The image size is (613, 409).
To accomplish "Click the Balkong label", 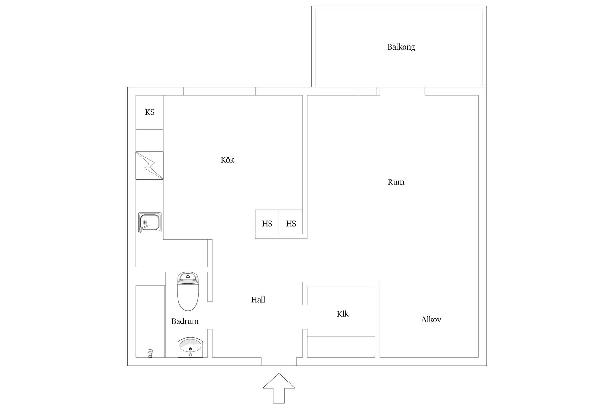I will click(x=401, y=47).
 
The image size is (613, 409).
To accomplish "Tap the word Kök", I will click(x=227, y=160).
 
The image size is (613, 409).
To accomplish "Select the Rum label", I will click(x=396, y=182).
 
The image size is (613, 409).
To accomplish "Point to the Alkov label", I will click(x=431, y=320).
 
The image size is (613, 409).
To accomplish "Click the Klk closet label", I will click(x=343, y=314).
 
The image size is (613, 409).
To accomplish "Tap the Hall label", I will click(x=258, y=300).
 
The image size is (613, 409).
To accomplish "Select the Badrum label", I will click(x=185, y=321).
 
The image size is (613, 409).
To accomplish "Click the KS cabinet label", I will click(x=149, y=112).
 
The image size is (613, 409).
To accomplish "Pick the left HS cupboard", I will click(x=267, y=223).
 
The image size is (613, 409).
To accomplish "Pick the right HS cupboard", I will click(x=291, y=223).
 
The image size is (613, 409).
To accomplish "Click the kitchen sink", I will click(x=150, y=222).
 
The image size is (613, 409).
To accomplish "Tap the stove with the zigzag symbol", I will click(x=149, y=166).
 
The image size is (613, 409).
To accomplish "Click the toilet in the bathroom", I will click(x=188, y=291).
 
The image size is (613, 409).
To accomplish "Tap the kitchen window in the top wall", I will click(x=219, y=91).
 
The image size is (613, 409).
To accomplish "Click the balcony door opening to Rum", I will click(x=402, y=91).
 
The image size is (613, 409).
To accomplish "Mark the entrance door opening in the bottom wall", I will click(x=279, y=361).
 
